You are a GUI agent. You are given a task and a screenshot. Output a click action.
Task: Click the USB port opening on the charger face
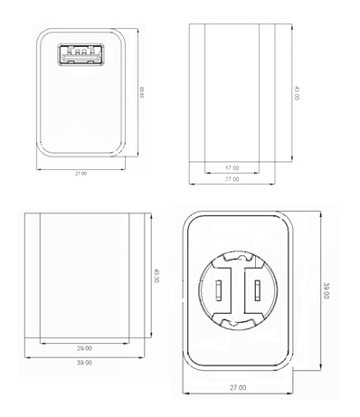pos(81,54)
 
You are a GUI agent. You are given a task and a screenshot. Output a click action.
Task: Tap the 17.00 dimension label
pos(232,168)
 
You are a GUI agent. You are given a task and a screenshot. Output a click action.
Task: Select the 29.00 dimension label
pos(84,348)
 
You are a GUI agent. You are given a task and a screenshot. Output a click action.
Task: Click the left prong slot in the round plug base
pos(219,290)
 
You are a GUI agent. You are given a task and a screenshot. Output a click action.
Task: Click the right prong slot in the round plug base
pos(257,290)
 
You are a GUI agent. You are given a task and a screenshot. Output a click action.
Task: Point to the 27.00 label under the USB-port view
pos(81,174)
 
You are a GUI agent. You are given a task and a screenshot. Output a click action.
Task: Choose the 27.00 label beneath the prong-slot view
pos(238,387)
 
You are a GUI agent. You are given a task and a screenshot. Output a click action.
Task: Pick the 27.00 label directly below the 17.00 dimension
pos(232,179)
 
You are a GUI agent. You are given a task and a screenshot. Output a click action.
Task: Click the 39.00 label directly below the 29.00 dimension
pos(84,363)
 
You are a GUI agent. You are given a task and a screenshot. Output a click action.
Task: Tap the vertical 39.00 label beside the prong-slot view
pos(327,290)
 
